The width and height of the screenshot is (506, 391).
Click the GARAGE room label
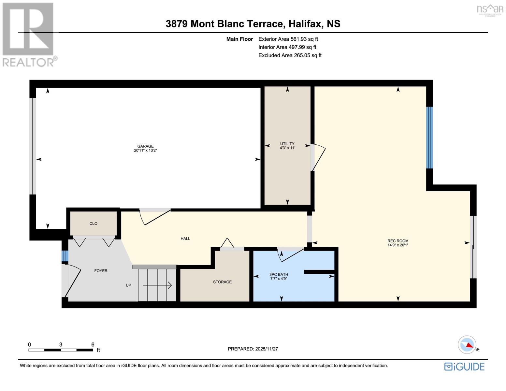(x=145, y=146)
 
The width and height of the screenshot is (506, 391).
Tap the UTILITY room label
(x=287, y=144)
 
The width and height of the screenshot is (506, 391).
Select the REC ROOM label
(x=398, y=241)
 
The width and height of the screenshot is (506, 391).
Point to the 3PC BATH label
(x=279, y=274)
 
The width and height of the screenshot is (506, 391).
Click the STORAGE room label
(x=223, y=282)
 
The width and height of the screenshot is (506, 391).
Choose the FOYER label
(x=101, y=270)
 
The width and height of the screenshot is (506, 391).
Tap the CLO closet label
(x=94, y=223)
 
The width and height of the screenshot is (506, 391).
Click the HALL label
(x=185, y=239)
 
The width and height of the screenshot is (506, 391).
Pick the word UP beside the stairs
(x=128, y=285)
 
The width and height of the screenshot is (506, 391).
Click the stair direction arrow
(x=157, y=285)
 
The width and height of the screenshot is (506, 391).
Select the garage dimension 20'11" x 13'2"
(x=145, y=151)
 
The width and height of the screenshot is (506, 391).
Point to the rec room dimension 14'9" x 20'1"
(x=398, y=245)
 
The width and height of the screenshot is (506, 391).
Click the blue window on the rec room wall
(x=429, y=138)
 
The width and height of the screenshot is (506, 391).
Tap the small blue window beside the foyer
(x=65, y=256)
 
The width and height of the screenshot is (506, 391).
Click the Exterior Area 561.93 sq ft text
(x=288, y=39)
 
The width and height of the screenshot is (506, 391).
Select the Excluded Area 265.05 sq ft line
(x=290, y=55)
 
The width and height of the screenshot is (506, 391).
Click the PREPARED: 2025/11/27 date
(x=253, y=349)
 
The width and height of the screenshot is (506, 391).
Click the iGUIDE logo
(x=464, y=367)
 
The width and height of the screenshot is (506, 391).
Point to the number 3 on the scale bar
(x=61, y=345)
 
